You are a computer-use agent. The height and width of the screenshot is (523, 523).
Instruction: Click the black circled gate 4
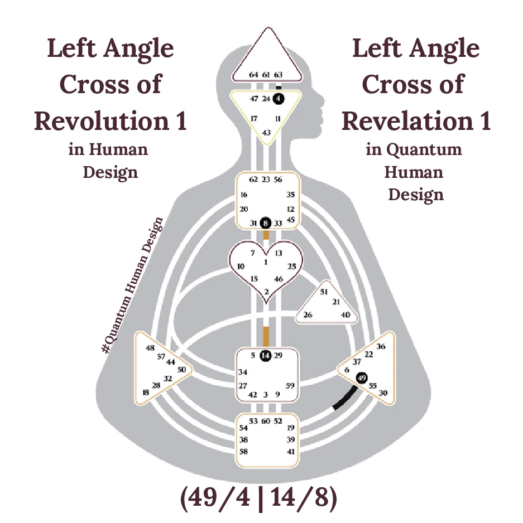279,98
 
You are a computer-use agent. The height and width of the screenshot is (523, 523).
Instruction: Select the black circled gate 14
266,355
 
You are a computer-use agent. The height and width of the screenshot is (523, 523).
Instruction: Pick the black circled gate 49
362,379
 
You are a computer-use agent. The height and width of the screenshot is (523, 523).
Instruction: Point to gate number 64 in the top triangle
253,75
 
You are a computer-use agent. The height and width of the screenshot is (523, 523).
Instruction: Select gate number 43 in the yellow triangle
266,133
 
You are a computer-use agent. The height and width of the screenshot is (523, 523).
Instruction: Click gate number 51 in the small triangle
324,292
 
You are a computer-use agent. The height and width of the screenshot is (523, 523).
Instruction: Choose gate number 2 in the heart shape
266,292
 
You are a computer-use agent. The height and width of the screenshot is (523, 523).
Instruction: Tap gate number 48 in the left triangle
150,348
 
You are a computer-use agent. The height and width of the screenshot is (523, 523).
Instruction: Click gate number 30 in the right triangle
383,393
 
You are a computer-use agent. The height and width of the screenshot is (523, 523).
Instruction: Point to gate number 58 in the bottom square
243,451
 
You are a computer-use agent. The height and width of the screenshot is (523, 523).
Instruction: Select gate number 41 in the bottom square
290,451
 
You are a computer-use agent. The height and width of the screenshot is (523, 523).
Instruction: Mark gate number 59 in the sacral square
290,385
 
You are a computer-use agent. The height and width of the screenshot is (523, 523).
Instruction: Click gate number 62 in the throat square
253,180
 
